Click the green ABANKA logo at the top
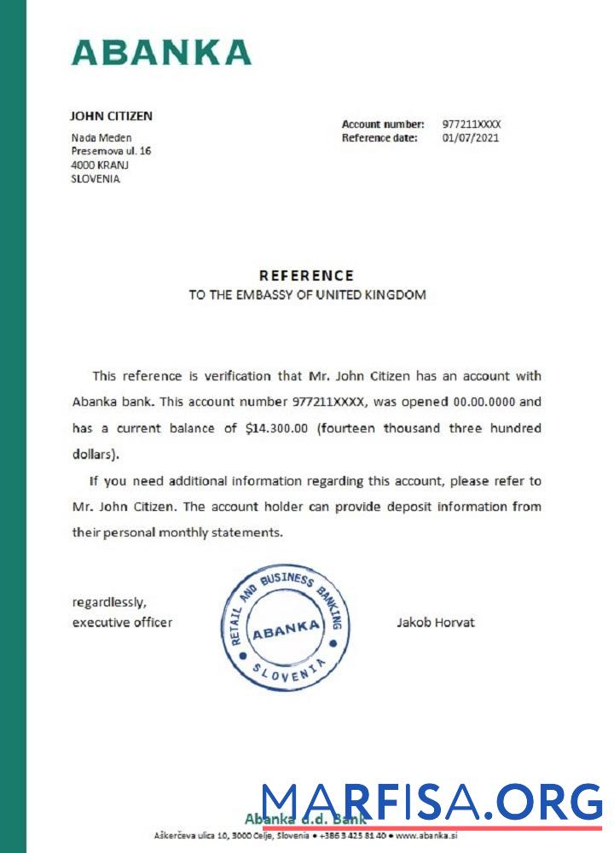pos(161,52)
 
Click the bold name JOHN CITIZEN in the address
pos(111,116)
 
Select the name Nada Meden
pos(101,137)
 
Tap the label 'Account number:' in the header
pos(383,124)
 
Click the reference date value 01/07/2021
pos(471,137)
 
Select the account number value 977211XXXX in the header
pos(472,124)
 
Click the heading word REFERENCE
pos(306,276)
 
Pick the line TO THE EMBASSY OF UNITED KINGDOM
pos(307,295)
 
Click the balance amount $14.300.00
pos(276,428)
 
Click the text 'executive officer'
pos(122,622)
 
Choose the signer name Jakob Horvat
pos(435,622)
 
